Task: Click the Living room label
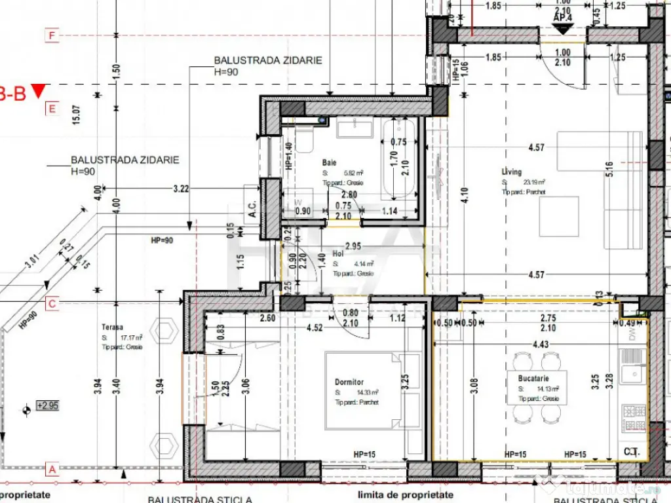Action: (x=512, y=172)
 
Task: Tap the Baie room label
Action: (x=330, y=162)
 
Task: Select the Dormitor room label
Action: (x=348, y=382)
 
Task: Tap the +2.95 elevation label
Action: (x=47, y=406)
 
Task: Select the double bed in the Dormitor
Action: (x=364, y=390)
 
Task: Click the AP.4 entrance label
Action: (x=563, y=18)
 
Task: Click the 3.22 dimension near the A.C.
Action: (x=181, y=189)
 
